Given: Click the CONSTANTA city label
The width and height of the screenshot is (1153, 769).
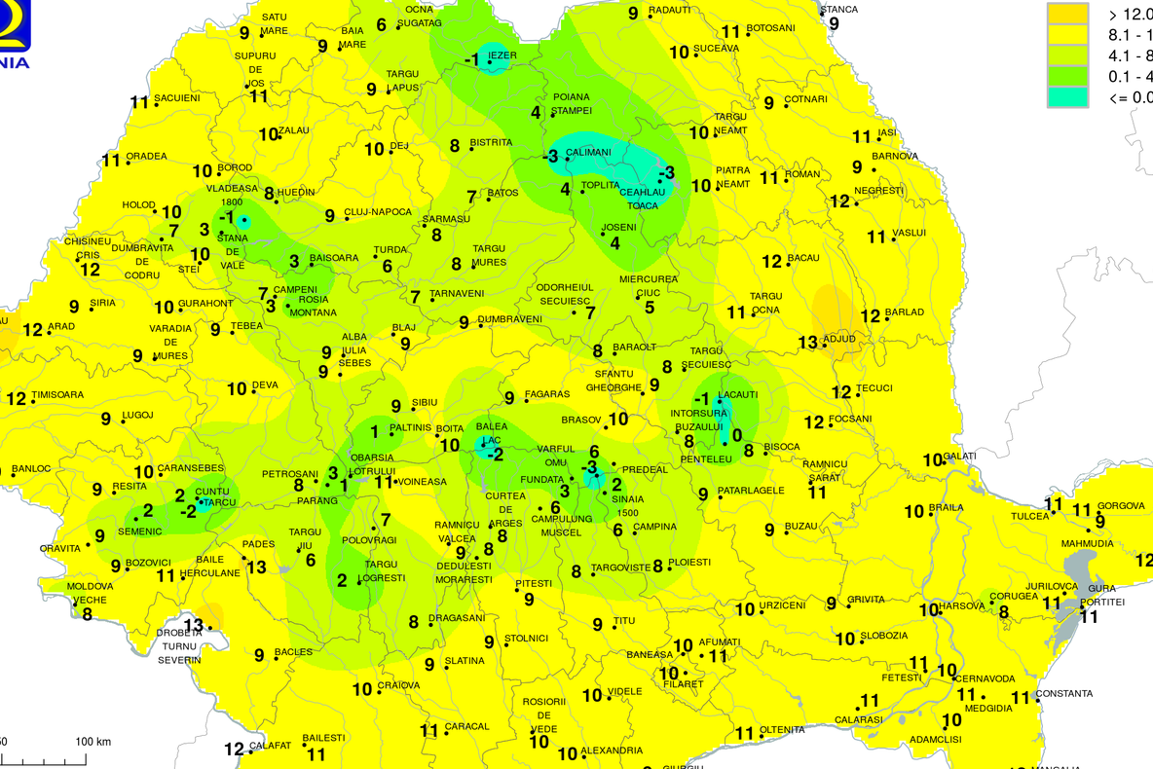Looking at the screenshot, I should click(1063, 694).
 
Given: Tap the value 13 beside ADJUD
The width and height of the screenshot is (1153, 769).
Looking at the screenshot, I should click(807, 342).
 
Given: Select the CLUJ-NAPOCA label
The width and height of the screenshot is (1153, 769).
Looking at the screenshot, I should click(377, 212).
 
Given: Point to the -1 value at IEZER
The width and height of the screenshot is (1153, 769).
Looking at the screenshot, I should click(471, 60).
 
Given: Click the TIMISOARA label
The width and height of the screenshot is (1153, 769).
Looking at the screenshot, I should click(57, 394).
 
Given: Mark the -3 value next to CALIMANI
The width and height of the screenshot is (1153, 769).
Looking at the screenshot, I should click(550, 156).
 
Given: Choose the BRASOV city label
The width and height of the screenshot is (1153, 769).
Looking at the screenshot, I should click(582, 420).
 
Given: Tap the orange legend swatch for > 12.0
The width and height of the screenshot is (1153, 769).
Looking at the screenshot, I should click(1066, 15).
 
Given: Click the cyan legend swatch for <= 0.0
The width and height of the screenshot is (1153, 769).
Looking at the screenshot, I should click(1066, 96).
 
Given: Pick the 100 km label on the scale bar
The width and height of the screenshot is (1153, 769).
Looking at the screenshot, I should click(93, 742).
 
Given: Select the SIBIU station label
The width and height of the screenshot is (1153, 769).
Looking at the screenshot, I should click(425, 401).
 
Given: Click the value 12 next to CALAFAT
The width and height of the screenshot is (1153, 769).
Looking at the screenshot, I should click(234, 749).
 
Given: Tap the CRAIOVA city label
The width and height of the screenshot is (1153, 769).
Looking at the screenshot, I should click(399, 685).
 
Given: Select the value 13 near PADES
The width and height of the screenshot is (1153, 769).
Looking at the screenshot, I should click(256, 568).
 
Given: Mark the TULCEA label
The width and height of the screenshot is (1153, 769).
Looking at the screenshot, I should click(1030, 516).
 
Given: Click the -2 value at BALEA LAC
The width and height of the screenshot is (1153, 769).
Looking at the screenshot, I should click(495, 455).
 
